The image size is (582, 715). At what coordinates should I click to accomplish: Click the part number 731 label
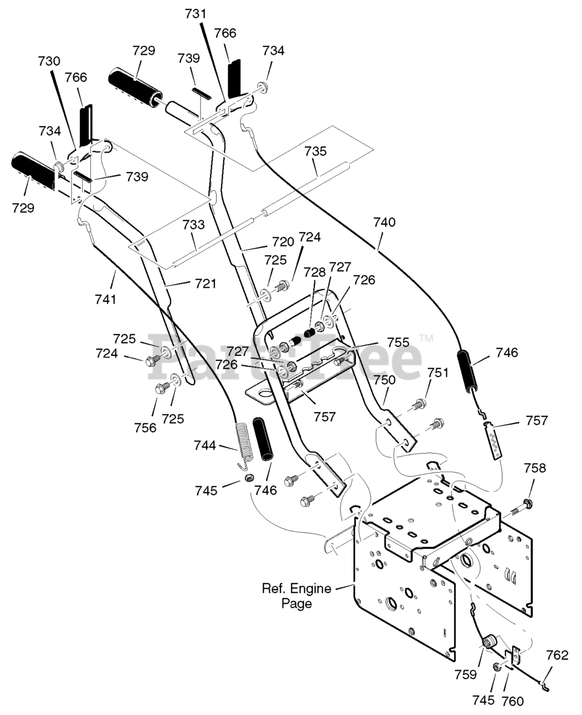[195, 15]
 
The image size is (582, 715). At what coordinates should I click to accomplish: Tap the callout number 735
[316, 151]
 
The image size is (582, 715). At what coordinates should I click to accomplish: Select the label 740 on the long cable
[385, 222]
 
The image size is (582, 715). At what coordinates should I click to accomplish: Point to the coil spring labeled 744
[244, 444]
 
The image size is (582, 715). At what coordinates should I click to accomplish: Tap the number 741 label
[106, 299]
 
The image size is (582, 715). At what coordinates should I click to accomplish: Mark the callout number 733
[194, 224]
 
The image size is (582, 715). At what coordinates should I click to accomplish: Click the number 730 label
[49, 61]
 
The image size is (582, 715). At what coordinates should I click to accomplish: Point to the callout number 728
[315, 272]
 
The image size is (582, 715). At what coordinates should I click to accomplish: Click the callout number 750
[385, 380]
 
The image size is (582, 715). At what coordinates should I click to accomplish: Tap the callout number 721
[206, 284]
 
